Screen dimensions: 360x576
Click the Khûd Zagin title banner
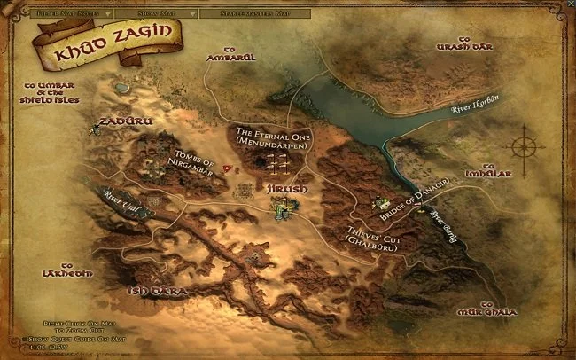coord(105,42)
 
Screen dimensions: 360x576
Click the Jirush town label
coord(286,190)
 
